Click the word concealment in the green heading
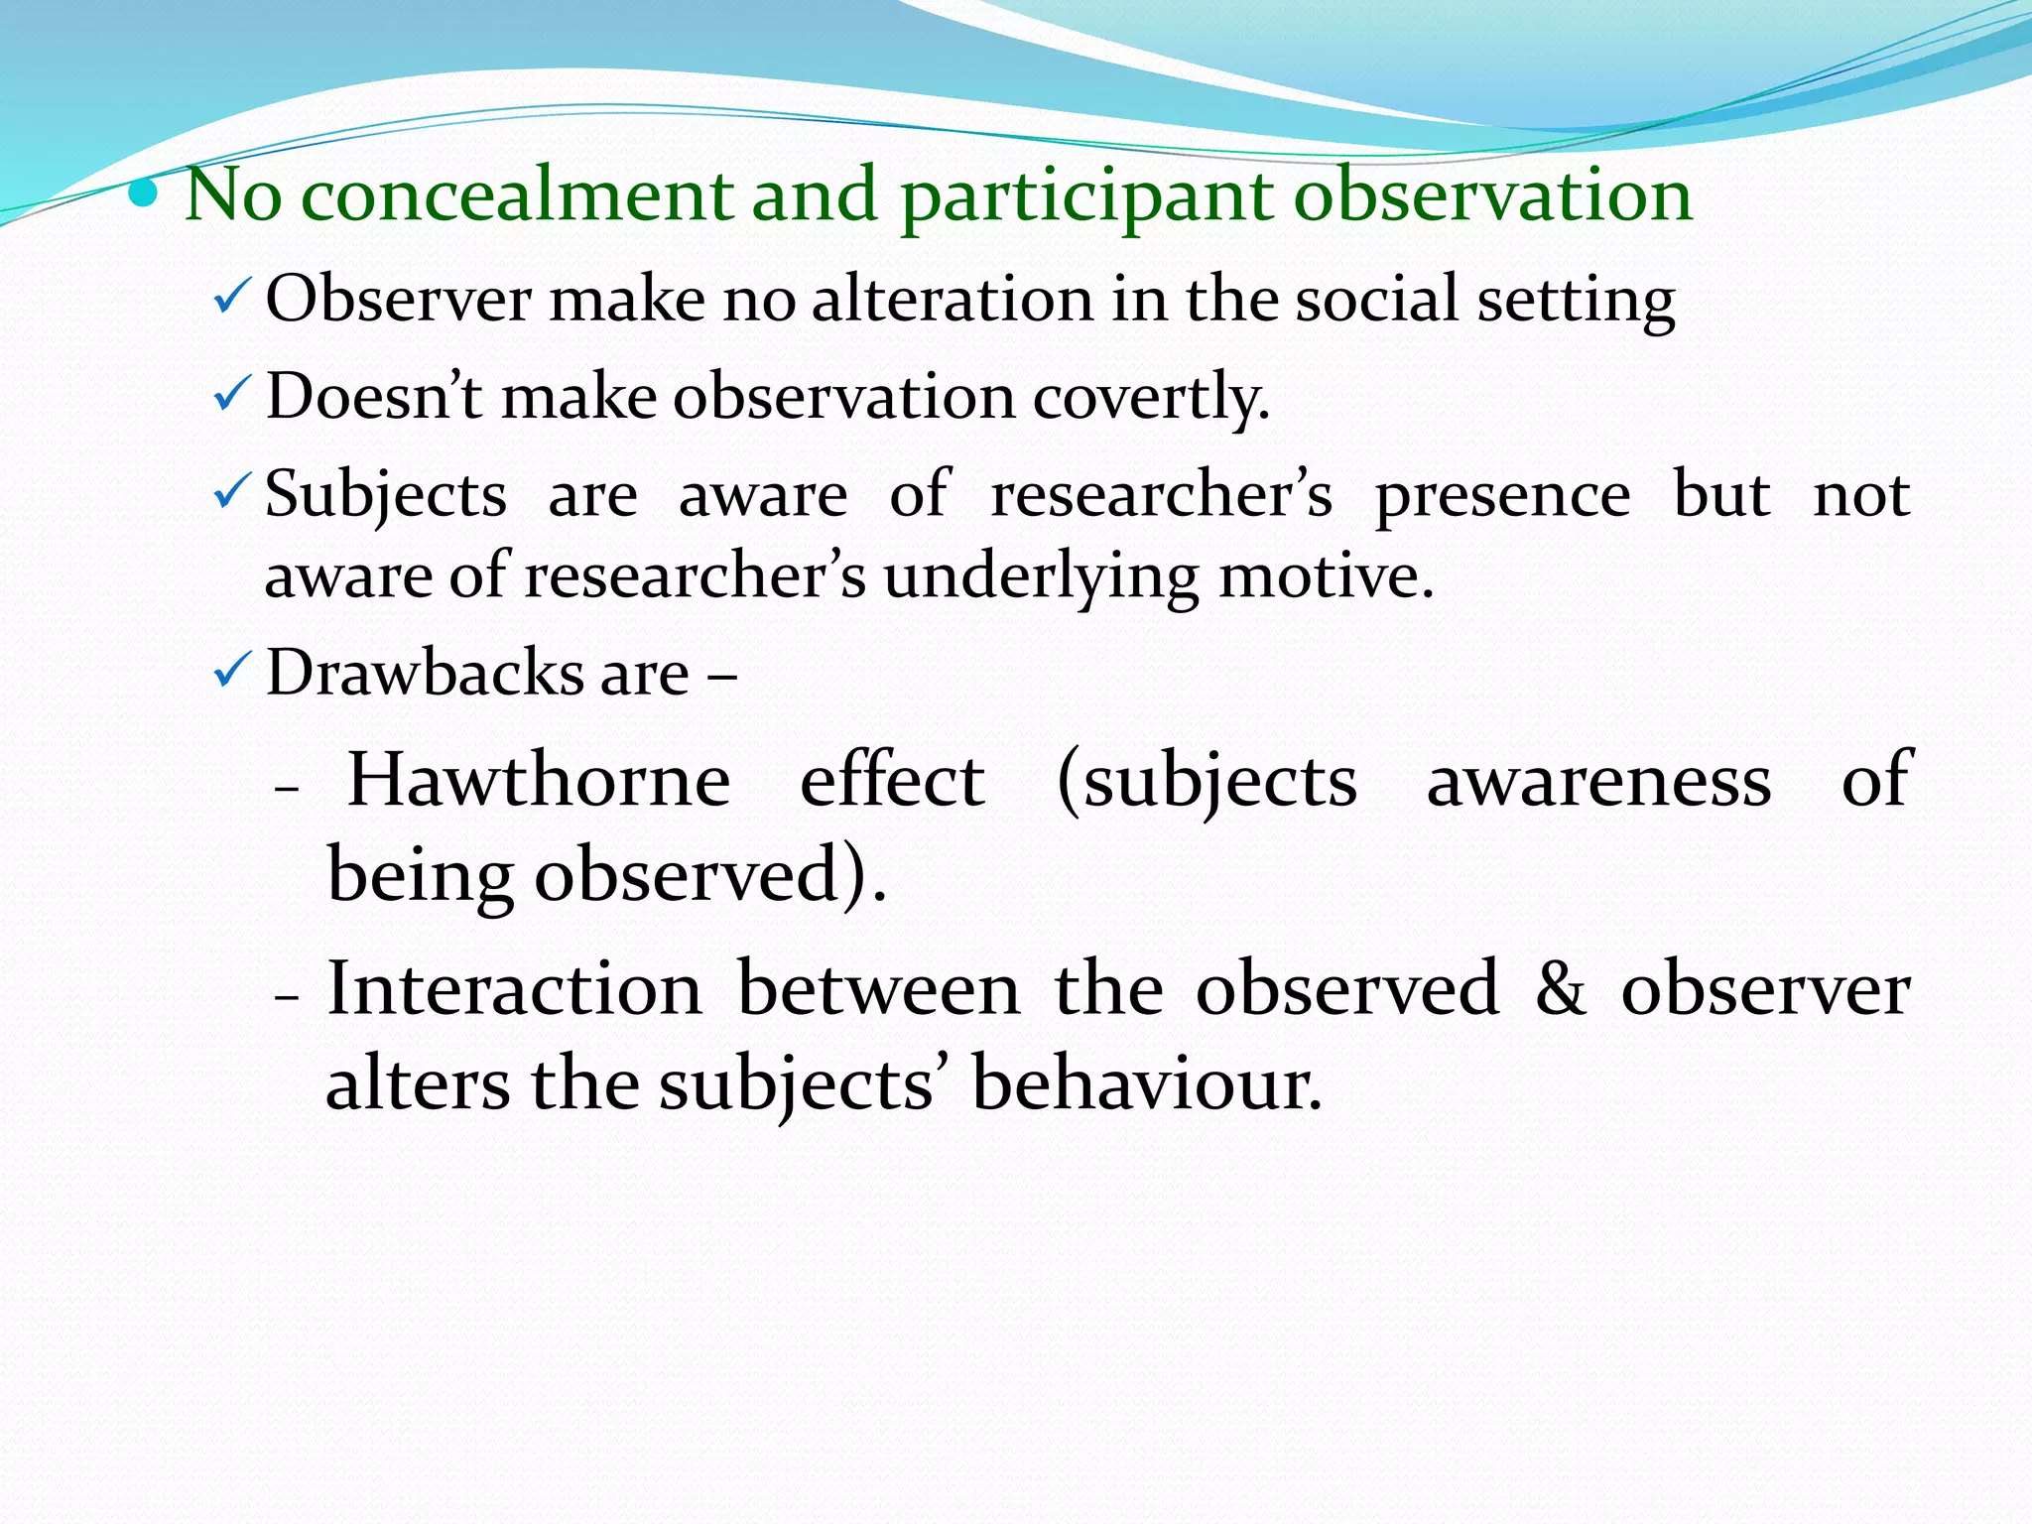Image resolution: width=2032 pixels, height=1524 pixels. (516, 195)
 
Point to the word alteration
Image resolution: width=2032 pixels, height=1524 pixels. (952, 299)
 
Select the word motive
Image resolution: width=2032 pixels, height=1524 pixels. (1326, 576)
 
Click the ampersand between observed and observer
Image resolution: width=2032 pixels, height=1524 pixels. (1560, 989)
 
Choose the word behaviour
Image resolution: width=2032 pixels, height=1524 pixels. (1146, 1083)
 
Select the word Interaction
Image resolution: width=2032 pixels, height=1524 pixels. (515, 989)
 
